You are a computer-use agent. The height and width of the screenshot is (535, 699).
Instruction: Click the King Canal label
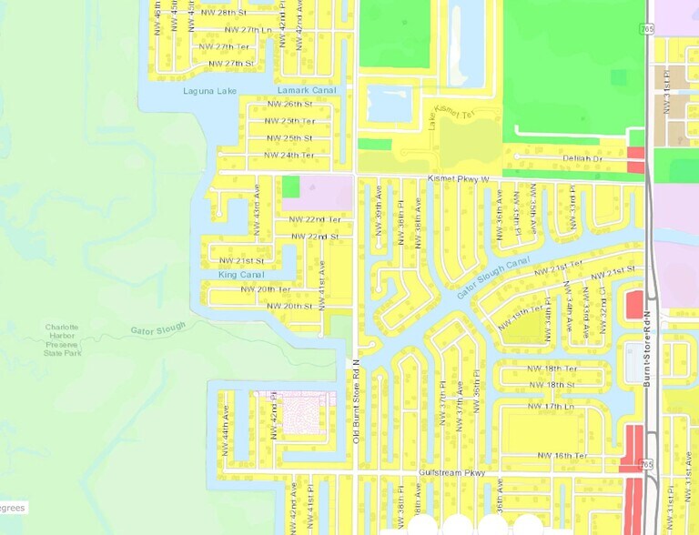point(240,274)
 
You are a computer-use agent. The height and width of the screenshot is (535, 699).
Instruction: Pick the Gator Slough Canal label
point(492,278)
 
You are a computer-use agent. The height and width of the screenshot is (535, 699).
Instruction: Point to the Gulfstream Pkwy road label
point(446,473)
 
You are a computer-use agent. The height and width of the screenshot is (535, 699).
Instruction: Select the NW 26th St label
point(289,105)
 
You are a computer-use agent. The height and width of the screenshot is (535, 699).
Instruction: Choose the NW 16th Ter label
point(562,455)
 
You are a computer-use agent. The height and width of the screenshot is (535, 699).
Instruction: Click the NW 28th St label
point(227,13)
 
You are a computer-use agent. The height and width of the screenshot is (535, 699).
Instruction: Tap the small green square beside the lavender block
point(290,187)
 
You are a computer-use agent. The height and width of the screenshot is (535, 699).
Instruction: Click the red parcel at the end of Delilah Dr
point(635,159)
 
